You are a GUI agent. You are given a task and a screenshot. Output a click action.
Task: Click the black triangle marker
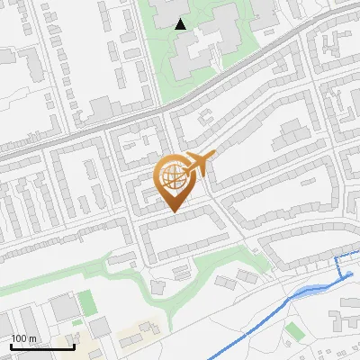pos(181,24)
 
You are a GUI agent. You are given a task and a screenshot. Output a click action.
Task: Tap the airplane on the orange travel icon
pos(199,164)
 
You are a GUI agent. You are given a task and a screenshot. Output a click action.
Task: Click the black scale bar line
pos(42,347)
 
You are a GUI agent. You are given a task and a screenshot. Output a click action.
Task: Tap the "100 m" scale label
pos(23,339)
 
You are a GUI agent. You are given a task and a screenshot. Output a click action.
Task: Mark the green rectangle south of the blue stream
pos(294,332)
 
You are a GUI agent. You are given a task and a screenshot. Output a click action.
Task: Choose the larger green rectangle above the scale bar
pos(86,302)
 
